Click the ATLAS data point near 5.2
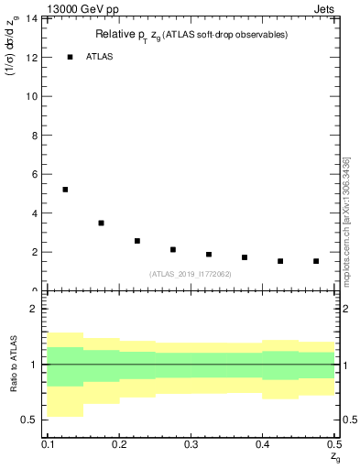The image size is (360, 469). tap(65, 190)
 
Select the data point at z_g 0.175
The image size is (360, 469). tap(101, 223)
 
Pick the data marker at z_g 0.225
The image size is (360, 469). tap(136, 241)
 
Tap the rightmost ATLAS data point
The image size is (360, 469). tap(316, 261)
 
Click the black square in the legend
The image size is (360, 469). tap(70, 57)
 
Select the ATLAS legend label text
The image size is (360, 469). tap(101, 57)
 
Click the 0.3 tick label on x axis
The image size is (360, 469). tap(191, 444)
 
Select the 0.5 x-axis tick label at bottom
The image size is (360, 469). tap(333, 444)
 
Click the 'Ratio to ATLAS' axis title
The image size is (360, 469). tap(14, 364)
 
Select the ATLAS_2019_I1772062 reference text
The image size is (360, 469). tap(191, 273)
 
